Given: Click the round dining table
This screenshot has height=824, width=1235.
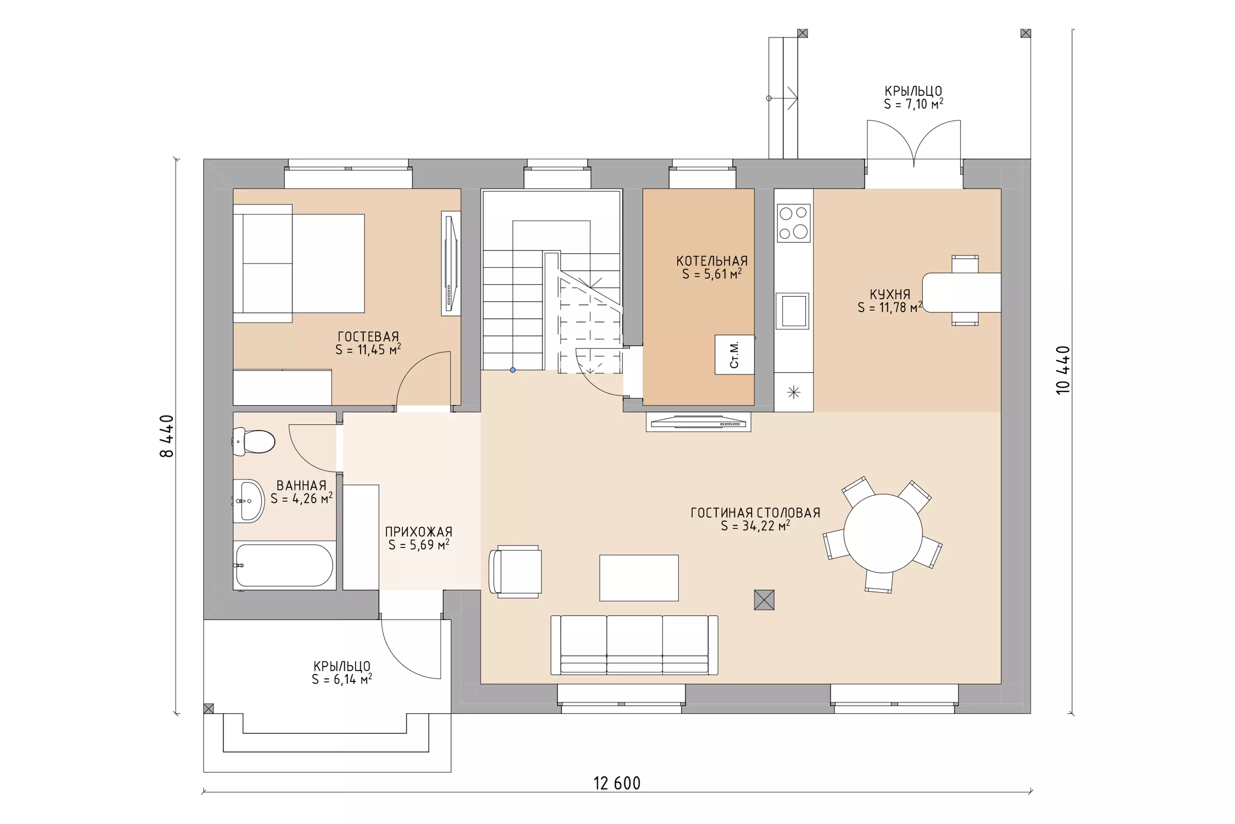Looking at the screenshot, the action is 883,533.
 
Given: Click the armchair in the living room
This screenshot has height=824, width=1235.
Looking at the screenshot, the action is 515,571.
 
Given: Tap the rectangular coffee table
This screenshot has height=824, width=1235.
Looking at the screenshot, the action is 639,578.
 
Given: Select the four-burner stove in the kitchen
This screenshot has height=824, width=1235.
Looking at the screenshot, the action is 793,223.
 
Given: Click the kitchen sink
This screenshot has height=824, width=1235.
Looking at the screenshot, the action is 792,311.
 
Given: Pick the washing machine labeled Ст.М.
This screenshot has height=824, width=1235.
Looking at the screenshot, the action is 735,355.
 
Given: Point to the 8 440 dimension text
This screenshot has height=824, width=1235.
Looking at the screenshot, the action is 166,436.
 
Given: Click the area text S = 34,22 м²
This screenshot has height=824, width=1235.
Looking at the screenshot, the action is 755,525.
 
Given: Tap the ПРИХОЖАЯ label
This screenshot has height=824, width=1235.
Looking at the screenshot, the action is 419,532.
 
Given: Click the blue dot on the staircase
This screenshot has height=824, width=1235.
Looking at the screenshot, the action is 513,370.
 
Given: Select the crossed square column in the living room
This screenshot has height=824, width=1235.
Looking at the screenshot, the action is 764,600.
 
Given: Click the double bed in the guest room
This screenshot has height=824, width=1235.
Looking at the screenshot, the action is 299,263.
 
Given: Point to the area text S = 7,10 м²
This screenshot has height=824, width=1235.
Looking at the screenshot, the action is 913,104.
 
